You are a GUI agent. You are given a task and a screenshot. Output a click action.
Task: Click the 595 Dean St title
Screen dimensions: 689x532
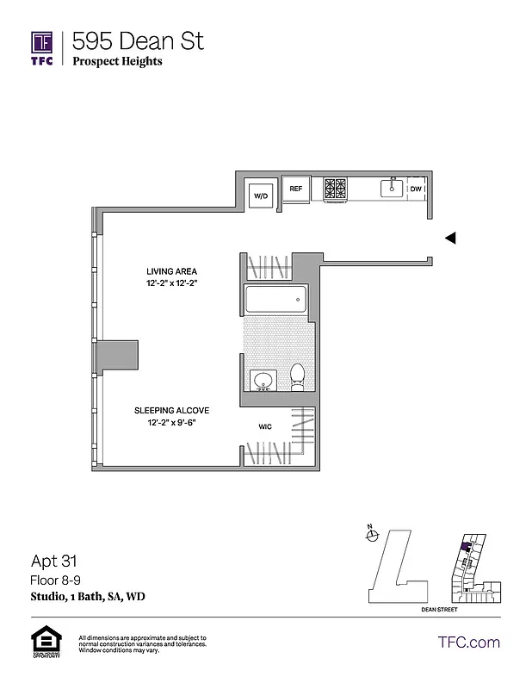[x=139, y=40]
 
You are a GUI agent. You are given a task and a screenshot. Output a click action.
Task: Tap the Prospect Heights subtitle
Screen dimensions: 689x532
[x=117, y=61]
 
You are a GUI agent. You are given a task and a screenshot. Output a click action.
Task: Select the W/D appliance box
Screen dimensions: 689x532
[x=260, y=196]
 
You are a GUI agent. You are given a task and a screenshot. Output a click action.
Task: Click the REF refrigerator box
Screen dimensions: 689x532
[x=296, y=189]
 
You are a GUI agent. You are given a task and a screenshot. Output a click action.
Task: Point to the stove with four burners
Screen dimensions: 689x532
[x=335, y=189]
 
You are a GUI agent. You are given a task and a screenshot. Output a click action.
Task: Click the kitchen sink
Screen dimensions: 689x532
[x=393, y=187]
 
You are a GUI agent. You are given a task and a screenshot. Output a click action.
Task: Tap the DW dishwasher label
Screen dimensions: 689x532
[x=416, y=189]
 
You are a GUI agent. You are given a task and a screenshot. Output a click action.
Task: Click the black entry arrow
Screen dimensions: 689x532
[x=449, y=239]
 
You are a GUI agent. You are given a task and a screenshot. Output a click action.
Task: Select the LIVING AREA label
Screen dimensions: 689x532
[x=171, y=271]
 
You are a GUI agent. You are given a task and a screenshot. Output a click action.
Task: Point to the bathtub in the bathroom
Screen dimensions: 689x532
[x=275, y=301]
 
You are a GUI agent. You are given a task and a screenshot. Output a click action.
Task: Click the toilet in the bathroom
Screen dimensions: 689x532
[x=298, y=376]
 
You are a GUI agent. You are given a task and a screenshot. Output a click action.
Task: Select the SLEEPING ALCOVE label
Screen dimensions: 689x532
[x=171, y=411]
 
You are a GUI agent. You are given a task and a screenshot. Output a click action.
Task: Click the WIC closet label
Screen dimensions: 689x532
[x=266, y=426]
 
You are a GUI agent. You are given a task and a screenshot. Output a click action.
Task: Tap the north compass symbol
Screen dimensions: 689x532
[x=373, y=535]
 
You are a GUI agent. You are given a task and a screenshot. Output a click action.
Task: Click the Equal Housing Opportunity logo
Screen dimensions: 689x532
[x=43, y=642]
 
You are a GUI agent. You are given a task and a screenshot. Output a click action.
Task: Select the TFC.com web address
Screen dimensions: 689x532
[x=469, y=642]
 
